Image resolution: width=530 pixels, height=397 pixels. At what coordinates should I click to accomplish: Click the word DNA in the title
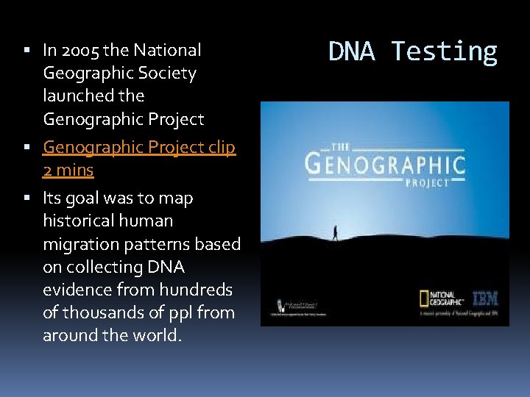point(353,51)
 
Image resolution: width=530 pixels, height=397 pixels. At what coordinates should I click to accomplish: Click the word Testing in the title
point(444,51)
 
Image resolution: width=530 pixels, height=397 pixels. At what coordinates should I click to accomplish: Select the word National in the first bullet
point(166,50)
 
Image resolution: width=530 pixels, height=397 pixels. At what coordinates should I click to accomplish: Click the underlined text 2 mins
point(68,170)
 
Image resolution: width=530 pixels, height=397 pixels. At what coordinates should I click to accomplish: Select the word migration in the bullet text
point(81,243)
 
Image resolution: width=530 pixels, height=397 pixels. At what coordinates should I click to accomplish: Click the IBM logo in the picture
point(485,298)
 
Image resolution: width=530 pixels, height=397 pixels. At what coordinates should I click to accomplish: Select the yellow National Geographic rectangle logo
point(425,298)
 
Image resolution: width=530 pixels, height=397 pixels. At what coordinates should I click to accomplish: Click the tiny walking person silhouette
point(335,232)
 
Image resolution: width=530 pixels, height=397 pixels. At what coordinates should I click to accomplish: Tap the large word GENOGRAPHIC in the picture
point(385,162)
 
